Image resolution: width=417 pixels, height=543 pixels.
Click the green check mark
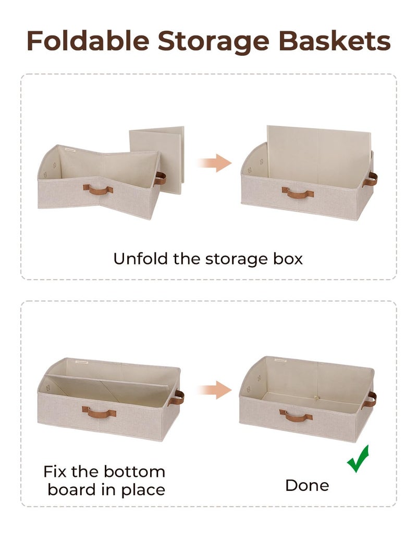[358, 459]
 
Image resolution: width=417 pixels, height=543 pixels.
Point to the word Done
[307, 485]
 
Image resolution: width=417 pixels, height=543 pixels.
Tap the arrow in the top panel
[214, 163]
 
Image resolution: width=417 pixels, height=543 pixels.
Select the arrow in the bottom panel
[214, 389]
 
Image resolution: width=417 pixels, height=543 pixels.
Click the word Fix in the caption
[54, 472]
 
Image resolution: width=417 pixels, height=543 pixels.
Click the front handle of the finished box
[296, 415]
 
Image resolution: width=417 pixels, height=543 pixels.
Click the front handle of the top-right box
[298, 193]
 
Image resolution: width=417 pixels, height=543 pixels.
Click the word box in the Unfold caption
[288, 259]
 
